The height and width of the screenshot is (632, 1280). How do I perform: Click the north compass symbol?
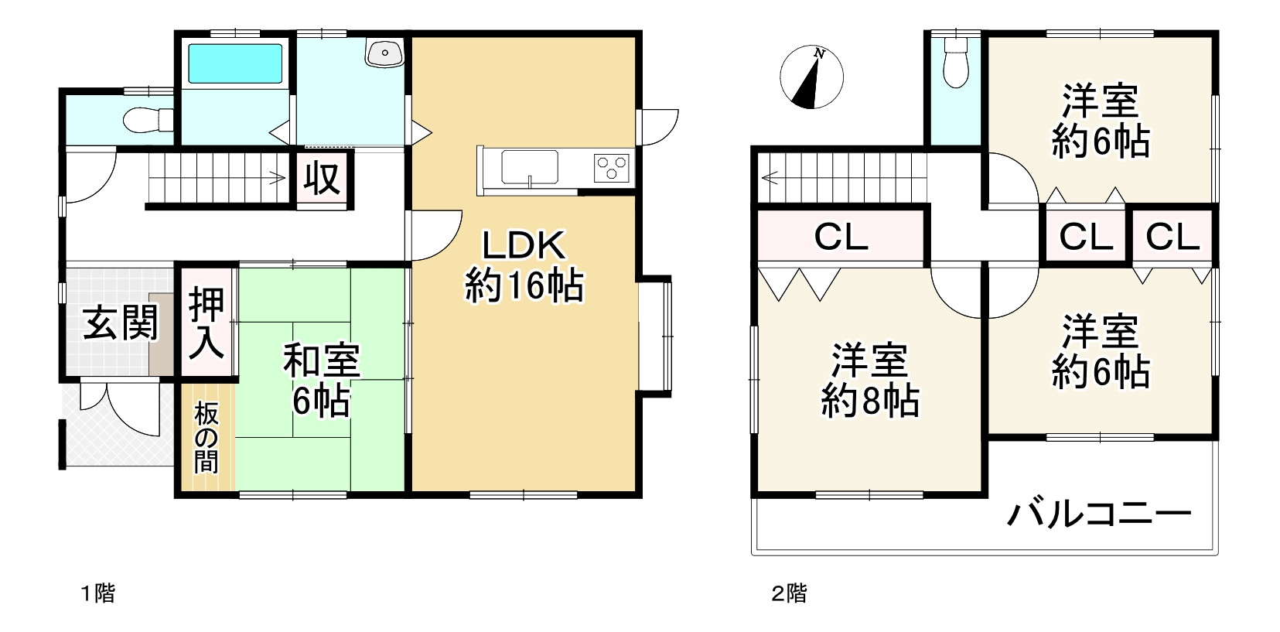coord(811,77)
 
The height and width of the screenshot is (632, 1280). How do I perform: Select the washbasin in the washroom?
coord(384,53)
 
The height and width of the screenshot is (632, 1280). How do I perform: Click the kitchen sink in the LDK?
coord(530,166)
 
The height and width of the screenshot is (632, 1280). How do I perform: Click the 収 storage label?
coord(322,179)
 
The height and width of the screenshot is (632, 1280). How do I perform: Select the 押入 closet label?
coord(207,323)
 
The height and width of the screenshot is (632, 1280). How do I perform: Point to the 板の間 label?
coord(207,438)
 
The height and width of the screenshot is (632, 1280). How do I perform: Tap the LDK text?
coord(524,246)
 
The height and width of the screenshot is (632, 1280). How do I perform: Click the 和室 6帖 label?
coord(321,381)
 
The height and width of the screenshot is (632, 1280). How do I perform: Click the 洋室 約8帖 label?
coord(869,380)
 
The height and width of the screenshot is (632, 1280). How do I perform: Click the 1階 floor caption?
coord(98,594)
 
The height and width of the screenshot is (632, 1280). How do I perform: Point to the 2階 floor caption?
coord(789,594)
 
